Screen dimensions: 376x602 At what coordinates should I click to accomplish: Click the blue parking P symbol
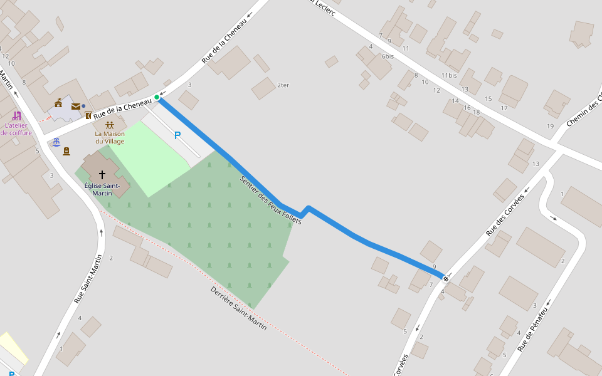pos(177,135)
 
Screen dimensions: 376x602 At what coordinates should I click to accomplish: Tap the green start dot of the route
pos(157,97)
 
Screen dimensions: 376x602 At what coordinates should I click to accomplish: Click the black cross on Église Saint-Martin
pos(102,175)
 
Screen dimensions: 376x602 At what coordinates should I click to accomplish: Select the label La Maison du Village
pos(110,137)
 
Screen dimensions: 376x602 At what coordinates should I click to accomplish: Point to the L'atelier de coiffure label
pos(16,129)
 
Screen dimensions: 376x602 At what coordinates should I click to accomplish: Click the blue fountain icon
pos(56,142)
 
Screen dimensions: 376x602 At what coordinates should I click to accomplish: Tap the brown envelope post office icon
pos(75,107)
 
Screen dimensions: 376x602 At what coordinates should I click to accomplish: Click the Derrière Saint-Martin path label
pos(238,308)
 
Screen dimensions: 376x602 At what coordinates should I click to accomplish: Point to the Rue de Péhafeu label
pos(533,329)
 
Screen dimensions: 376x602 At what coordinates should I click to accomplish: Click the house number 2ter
pos(283,85)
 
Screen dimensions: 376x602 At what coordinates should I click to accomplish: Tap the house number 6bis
pos(388,56)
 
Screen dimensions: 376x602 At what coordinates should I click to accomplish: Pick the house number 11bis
pos(449,75)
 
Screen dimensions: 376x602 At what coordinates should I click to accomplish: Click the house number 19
pos(551,126)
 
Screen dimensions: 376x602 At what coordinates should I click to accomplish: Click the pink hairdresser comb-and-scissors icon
pos(16,116)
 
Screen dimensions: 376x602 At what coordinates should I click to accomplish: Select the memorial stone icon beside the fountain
pos(66,150)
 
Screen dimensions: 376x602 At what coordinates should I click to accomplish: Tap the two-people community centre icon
pos(110,125)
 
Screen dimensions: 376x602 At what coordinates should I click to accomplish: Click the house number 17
pos(504,108)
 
